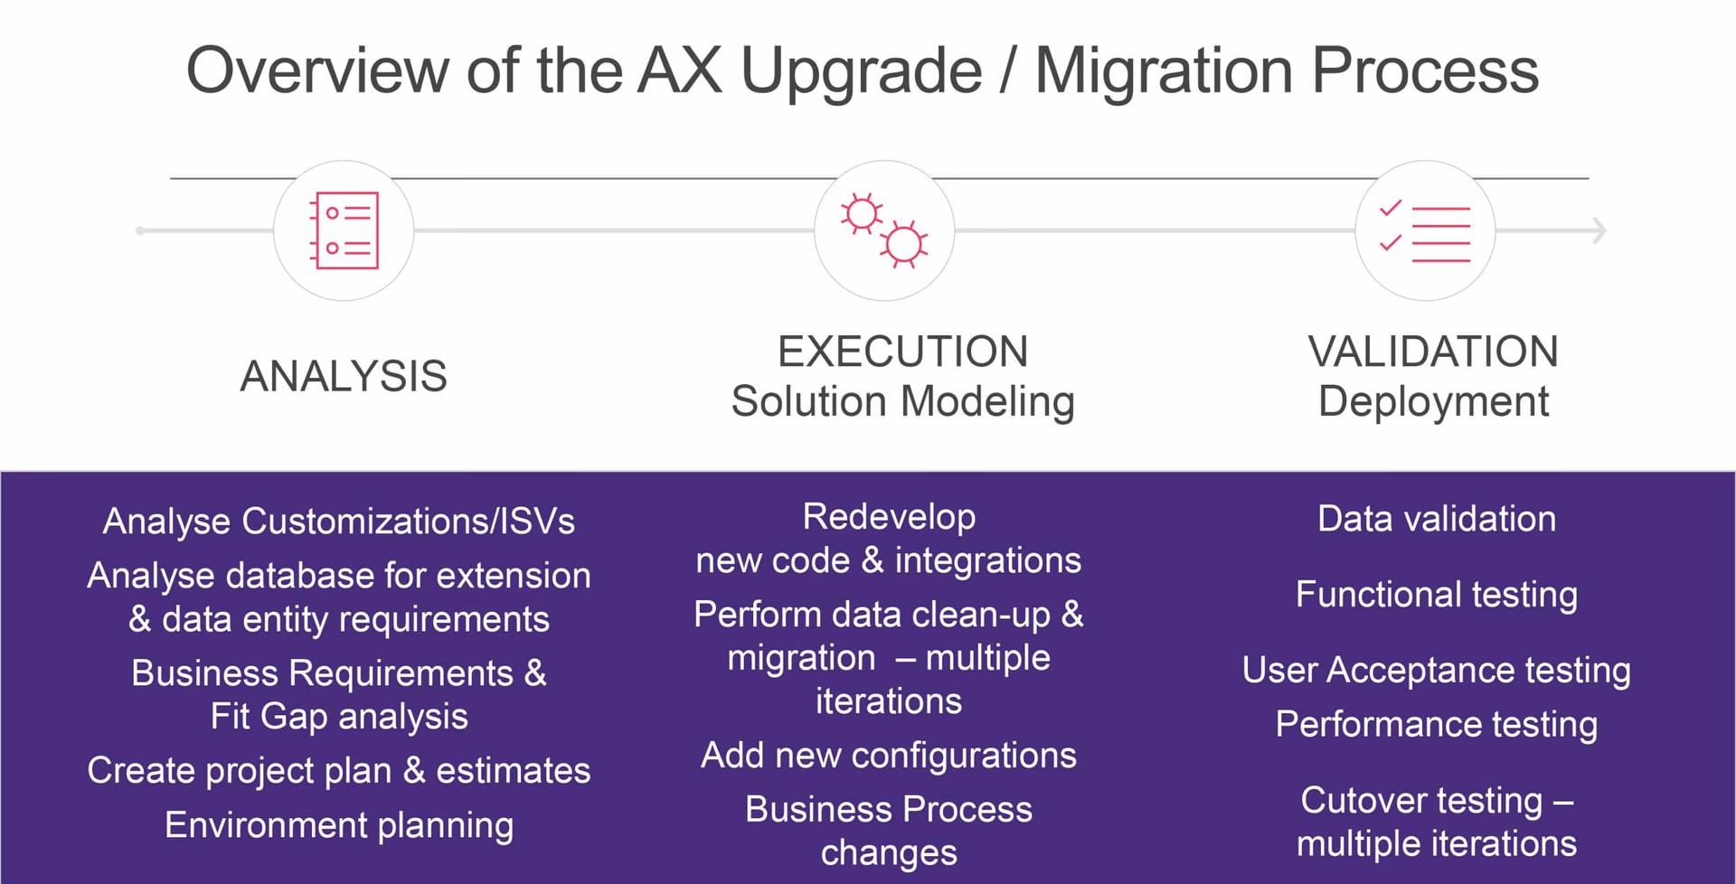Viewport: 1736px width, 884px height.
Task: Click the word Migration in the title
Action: (x=1163, y=71)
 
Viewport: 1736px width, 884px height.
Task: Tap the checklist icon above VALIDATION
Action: (x=1425, y=231)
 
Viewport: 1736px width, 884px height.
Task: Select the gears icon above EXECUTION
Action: (x=884, y=231)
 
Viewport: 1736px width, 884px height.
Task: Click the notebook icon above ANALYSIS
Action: (x=344, y=231)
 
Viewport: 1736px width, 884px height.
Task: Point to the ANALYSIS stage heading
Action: (x=344, y=376)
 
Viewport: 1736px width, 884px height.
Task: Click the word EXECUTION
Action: (x=902, y=352)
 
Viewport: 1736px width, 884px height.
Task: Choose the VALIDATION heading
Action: (x=1433, y=352)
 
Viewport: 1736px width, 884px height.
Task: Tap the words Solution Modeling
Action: (x=902, y=401)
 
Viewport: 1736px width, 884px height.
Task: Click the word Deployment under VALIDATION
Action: (x=1433, y=401)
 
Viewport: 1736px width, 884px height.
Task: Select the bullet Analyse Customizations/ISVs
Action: (x=339, y=522)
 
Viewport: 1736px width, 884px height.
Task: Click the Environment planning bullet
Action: (x=339, y=825)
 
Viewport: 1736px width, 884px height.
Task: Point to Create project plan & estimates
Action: (x=339, y=771)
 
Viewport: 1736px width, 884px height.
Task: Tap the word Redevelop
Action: (x=889, y=517)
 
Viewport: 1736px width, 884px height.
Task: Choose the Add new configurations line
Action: (x=889, y=756)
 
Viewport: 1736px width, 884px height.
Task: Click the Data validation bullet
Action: (x=1437, y=519)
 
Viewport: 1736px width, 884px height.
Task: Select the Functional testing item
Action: (x=1437, y=595)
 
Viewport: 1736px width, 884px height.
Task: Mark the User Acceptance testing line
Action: (x=1437, y=671)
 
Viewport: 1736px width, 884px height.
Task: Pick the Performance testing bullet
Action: (x=1437, y=725)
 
